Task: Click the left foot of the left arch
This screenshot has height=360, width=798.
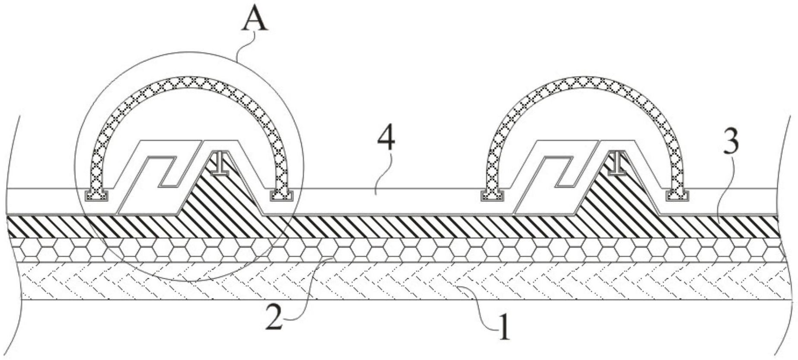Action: pos(96,195)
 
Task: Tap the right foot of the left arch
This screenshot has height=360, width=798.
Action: pos(282,195)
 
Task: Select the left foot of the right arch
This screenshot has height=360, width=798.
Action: pos(492,195)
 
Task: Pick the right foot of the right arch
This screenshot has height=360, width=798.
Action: pos(677,195)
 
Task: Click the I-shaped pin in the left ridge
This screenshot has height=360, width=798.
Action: pos(220,163)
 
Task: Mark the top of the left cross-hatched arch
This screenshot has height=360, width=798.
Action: pos(189,83)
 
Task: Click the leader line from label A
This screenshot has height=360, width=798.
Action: pos(245,43)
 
